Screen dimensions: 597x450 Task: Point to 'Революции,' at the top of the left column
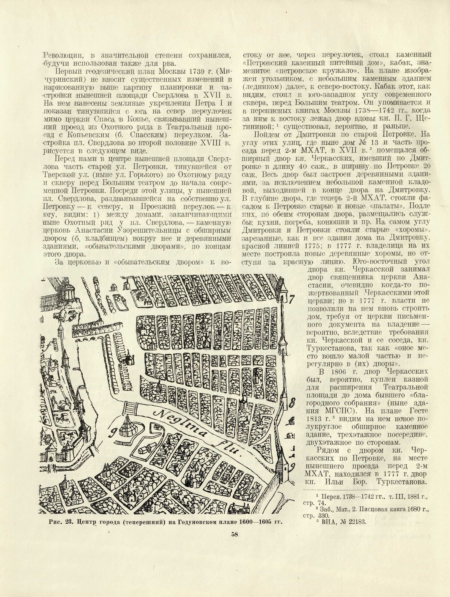(x=63, y=56)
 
